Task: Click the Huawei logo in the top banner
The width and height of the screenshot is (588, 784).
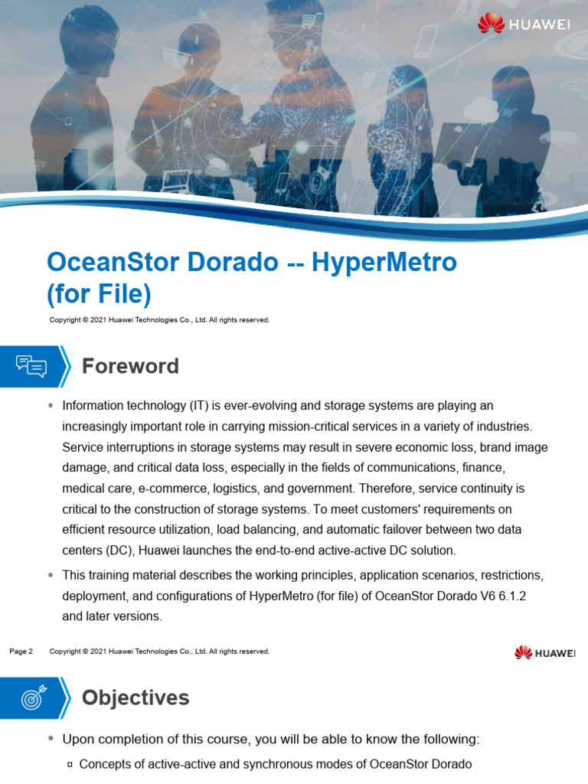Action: pos(524,24)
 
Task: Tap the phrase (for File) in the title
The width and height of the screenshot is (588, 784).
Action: pos(99,293)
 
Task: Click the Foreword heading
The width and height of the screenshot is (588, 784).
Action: pos(130,366)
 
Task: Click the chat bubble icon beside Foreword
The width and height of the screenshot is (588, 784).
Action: pos(31,366)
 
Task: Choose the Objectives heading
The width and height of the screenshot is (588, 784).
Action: pos(135,697)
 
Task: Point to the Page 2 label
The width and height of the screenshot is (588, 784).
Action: pos(21,652)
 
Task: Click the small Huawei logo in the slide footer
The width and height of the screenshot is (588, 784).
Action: pos(544,652)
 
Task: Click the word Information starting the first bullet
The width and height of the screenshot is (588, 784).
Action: pos(95,405)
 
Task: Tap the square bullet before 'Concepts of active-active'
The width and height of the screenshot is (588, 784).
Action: pos(69,764)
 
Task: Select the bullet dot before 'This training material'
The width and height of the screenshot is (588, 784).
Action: pos(51,574)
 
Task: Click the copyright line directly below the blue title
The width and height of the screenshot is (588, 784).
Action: pos(159,320)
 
